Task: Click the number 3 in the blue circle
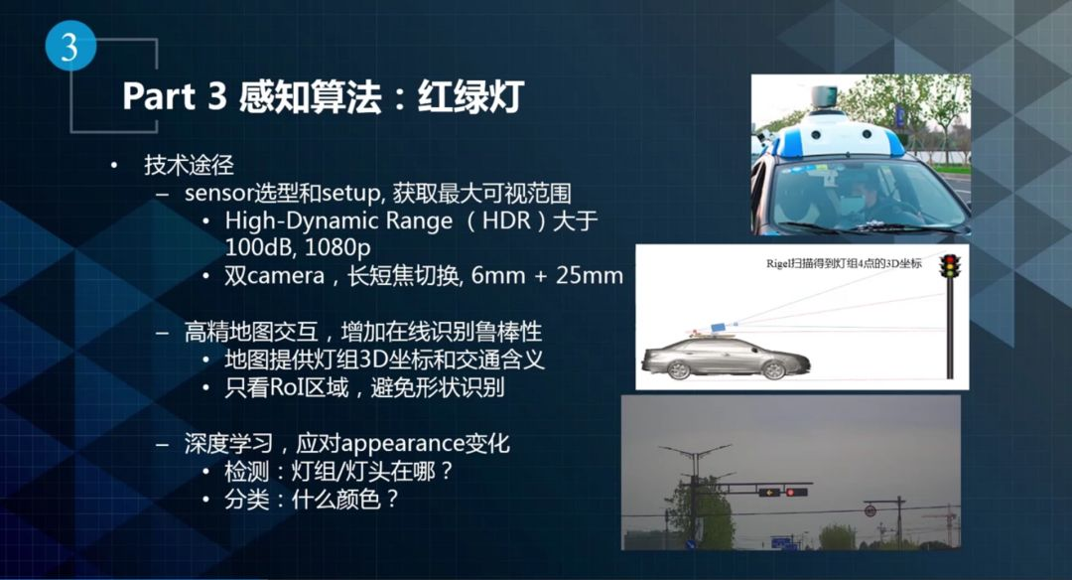tap(69, 48)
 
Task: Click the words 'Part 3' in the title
tap(175, 95)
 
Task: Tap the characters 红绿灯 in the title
tap(471, 95)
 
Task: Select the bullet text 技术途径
tap(189, 165)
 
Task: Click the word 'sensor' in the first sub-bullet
tap(218, 194)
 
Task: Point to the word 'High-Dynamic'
tap(301, 221)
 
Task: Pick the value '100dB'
tap(259, 247)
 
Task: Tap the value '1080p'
tap(337, 247)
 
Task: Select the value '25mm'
tap(590, 276)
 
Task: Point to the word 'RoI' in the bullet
tap(288, 387)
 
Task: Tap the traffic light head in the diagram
tap(949, 266)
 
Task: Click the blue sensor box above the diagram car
tap(720, 327)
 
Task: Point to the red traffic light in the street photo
tap(790, 492)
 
